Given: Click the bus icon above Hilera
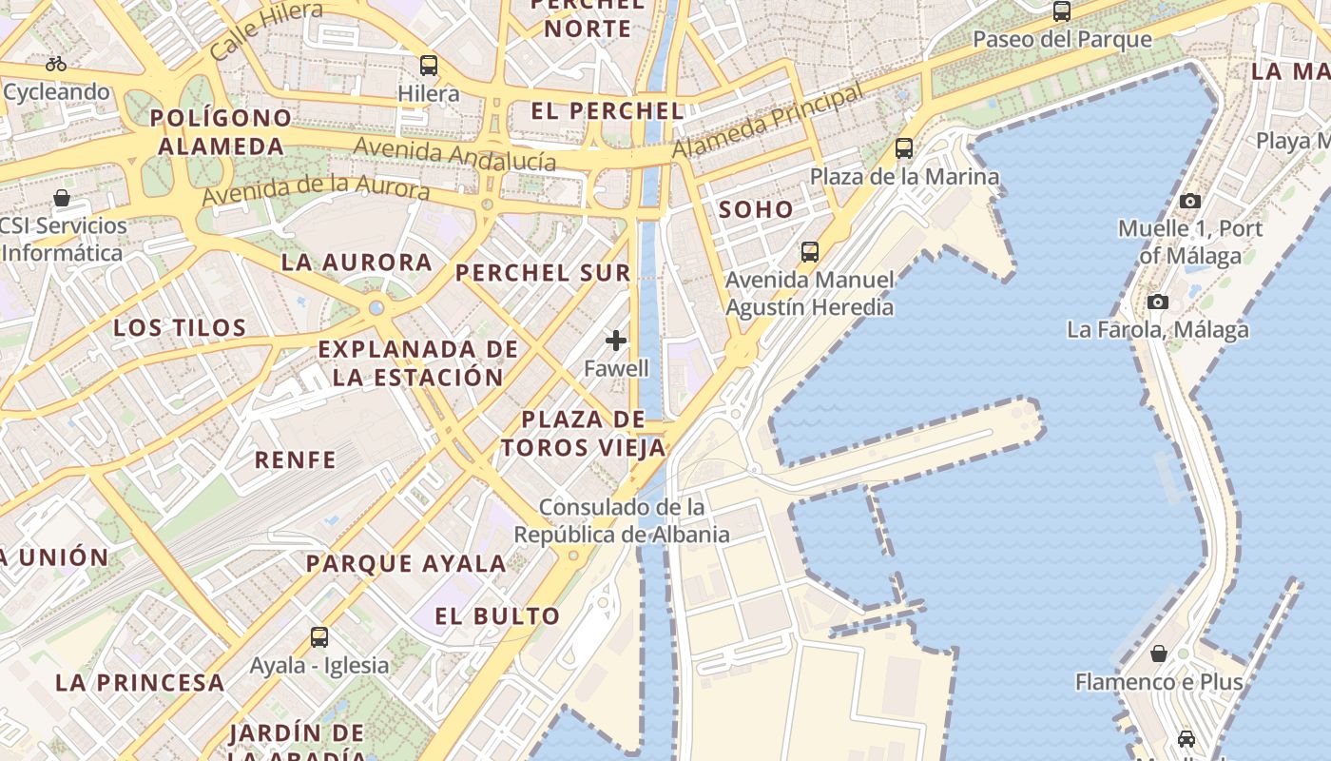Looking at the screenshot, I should point(429,66).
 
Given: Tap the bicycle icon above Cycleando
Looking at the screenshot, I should point(56,64).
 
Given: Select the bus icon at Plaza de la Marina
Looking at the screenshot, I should point(904,148).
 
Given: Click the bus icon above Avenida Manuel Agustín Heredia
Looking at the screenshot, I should point(810,252).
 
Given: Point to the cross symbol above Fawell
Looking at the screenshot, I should point(616,340).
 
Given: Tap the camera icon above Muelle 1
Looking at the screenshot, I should point(1189,201).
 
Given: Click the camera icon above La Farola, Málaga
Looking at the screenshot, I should point(1157,302).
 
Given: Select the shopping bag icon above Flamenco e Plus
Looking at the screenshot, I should point(1159,654).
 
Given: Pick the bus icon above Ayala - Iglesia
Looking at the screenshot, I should point(319,637).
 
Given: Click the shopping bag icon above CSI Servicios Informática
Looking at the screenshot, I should point(62,198).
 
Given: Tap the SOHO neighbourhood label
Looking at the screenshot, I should point(756,210).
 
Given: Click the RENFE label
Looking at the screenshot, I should point(296,460).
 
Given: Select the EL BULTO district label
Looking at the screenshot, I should point(497,616).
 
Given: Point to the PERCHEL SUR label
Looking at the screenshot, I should point(543,273).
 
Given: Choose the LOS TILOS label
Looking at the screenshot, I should point(181,328).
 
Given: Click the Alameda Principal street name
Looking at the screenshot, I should point(768,121).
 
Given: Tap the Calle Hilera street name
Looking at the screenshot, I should point(266,31).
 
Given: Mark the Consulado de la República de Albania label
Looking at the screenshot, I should point(622,520).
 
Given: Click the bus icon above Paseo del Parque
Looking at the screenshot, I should point(1062,12).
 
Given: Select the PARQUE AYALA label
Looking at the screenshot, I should point(406,563).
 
